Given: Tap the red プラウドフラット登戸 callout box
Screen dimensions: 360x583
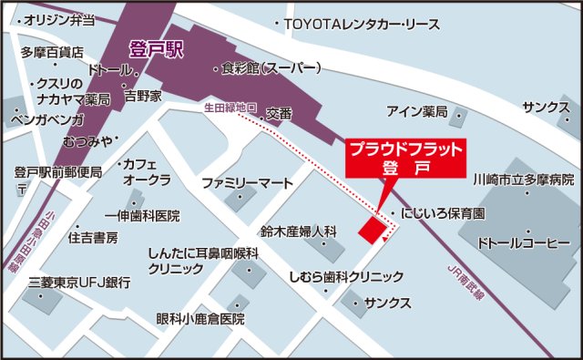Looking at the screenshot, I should (x=406, y=156).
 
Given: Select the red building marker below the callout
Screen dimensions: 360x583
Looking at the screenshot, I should (x=371, y=231).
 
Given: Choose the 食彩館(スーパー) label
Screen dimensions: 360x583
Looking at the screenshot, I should (x=272, y=68).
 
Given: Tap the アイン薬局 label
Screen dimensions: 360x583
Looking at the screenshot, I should (x=416, y=112).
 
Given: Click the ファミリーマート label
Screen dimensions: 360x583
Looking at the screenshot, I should (x=248, y=180).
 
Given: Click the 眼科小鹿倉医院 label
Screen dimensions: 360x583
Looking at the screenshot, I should (x=200, y=319).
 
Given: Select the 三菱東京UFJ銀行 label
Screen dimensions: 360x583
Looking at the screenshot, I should (x=78, y=283).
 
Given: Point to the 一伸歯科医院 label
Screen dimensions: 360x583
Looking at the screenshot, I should (x=142, y=216).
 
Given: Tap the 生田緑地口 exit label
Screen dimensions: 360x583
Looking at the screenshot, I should (x=230, y=107).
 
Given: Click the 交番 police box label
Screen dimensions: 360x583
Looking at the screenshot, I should (x=280, y=113).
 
